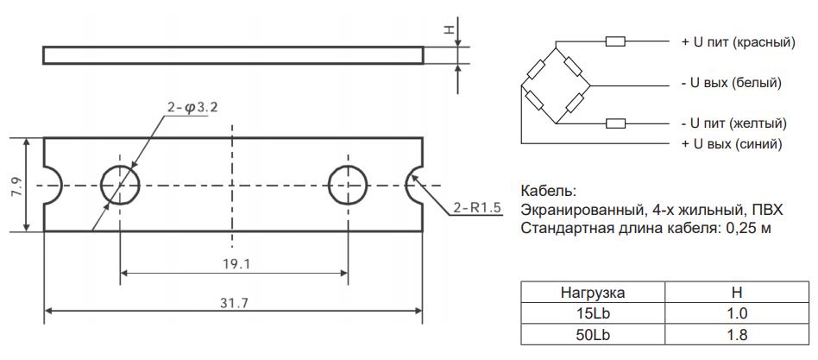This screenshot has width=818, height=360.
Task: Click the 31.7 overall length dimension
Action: tap(231, 302)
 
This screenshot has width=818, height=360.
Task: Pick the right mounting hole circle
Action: tap(348, 184)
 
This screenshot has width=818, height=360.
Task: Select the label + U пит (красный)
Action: tap(738, 41)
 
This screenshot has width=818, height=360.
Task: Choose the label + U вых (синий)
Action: tap(732, 144)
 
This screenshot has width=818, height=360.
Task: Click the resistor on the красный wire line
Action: tap(616, 41)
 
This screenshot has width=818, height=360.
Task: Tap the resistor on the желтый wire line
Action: tap(616, 123)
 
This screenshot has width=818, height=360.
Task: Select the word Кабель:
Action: tap(548, 191)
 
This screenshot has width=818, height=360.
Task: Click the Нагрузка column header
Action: tap(594, 294)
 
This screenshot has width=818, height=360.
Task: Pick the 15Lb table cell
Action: tap(594, 314)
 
